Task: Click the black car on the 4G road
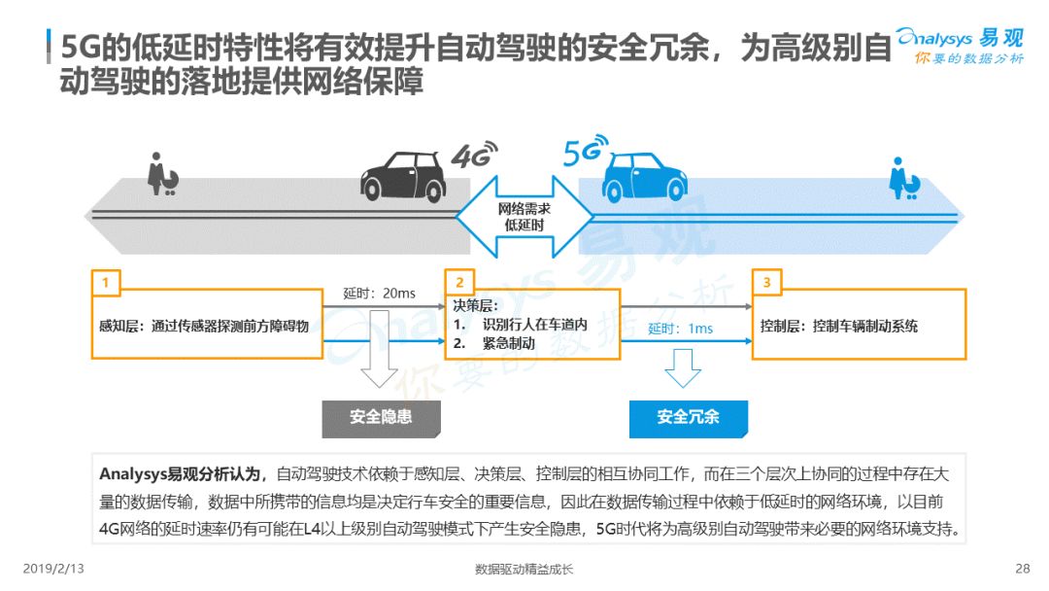[x=403, y=177]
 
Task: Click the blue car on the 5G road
[x=644, y=177]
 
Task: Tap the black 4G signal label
[x=474, y=155]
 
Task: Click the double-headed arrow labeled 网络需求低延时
[x=524, y=217]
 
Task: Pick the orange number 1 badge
[x=106, y=283]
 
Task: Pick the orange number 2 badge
[x=459, y=283]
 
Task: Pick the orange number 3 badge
[x=766, y=283]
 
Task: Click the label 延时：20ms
[x=379, y=294]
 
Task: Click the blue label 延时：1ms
[x=680, y=329]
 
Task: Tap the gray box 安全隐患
[x=382, y=419]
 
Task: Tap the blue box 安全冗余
[x=689, y=419]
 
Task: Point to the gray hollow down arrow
[x=379, y=365]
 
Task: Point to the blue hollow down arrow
[x=683, y=368]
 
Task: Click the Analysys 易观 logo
[x=961, y=46]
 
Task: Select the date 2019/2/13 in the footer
[x=53, y=569]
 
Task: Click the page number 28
[x=1022, y=569]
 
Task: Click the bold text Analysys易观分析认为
[x=180, y=474]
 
